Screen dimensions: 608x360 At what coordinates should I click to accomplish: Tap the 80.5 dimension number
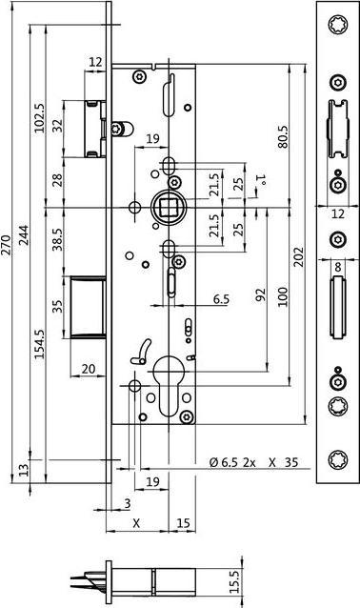[283, 137]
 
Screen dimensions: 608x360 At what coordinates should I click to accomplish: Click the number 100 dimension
[281, 298]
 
